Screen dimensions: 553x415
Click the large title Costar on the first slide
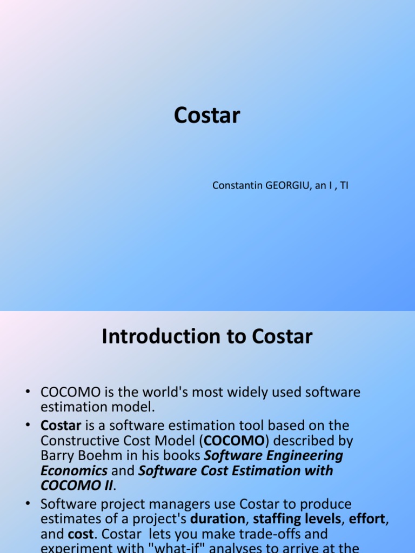click(207, 116)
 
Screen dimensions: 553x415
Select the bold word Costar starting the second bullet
click(61, 426)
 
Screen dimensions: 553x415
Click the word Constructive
click(79, 441)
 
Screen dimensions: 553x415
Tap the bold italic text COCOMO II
click(76, 486)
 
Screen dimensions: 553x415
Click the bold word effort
click(367, 520)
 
